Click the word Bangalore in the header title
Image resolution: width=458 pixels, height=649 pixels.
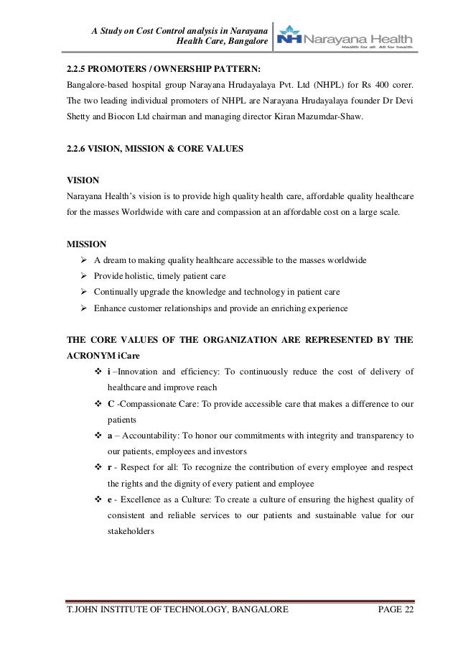(x=246, y=44)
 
